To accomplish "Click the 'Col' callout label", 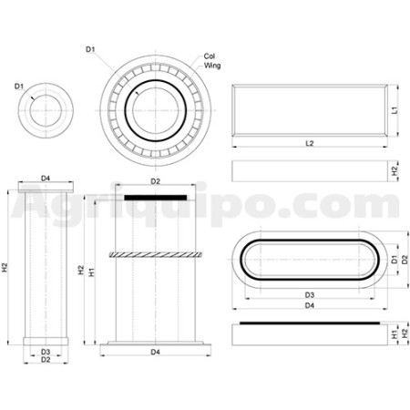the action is click(210, 56).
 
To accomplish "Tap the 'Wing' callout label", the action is click(212, 66).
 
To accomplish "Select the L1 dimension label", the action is click(395, 110).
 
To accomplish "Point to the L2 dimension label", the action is click(310, 143).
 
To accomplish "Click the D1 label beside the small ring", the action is click(19, 87).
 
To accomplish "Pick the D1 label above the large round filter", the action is click(90, 49).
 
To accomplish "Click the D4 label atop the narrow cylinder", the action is click(46, 179).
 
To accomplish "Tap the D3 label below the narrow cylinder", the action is click(46, 352).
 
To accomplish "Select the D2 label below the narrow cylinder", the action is click(46, 360).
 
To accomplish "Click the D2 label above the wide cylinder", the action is click(156, 181).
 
